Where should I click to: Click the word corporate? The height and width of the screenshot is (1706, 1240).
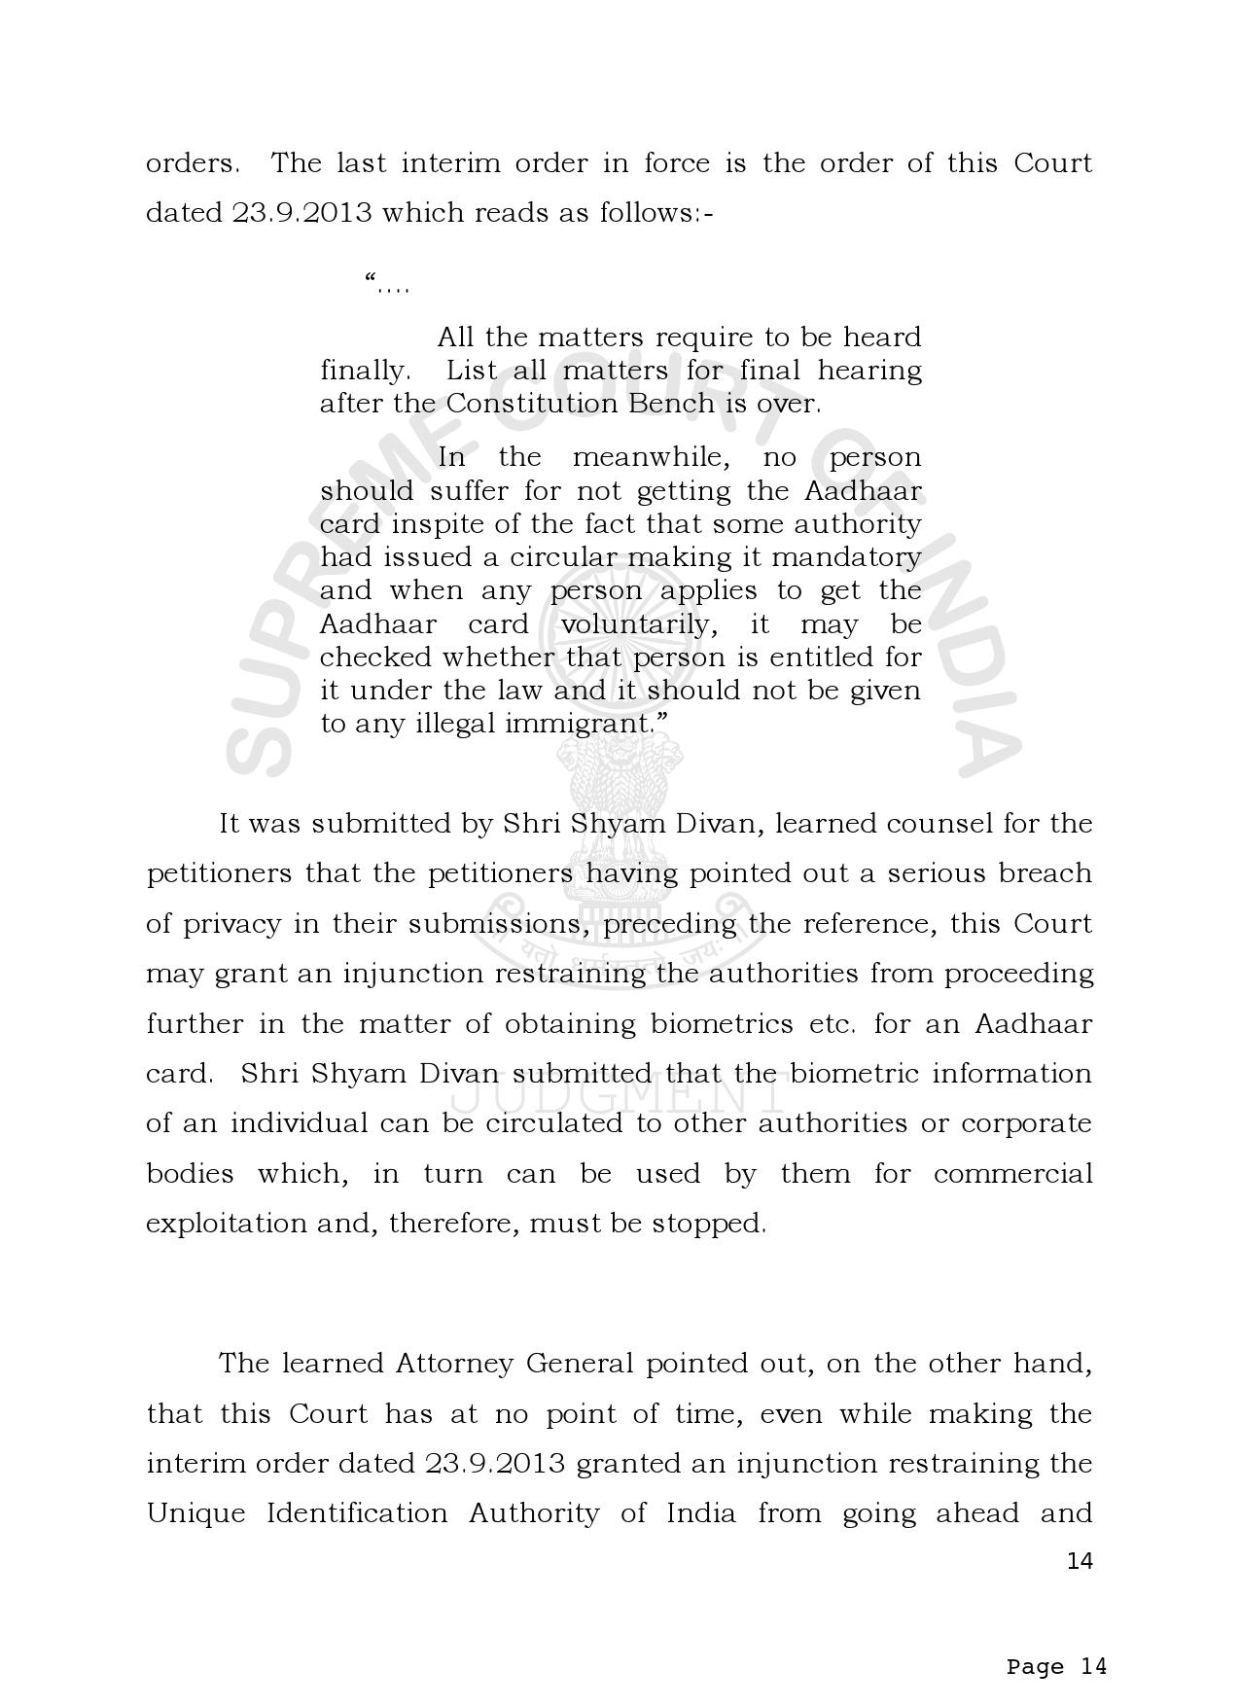[x=1027, y=1123]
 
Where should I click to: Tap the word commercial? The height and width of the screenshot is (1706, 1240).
[x=1012, y=1174]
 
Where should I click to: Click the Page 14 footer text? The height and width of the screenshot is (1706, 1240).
[x=1056, y=1667]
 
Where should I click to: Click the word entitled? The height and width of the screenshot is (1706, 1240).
[x=822, y=658]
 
